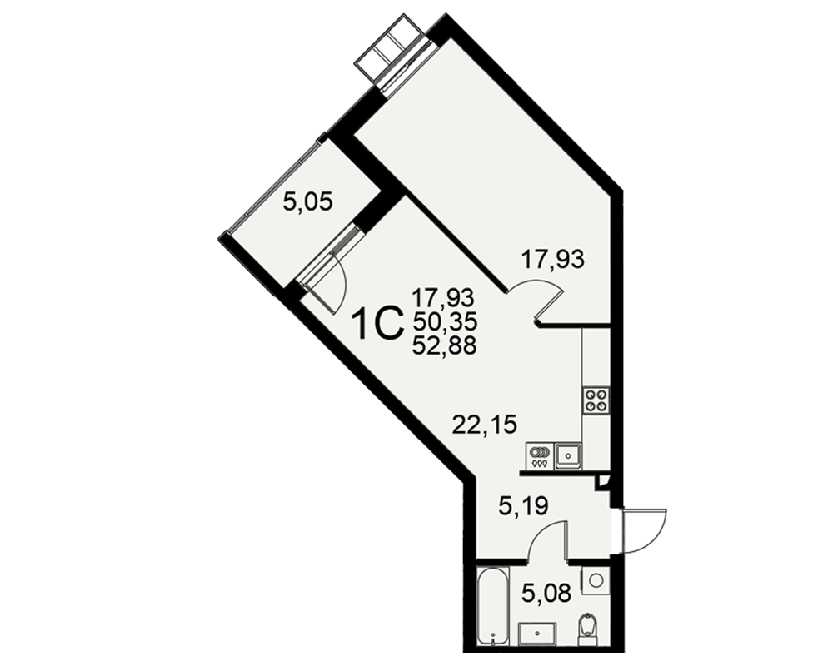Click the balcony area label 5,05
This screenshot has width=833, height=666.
pyautogui.click(x=307, y=202)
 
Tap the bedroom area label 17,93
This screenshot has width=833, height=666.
pyautogui.click(x=552, y=260)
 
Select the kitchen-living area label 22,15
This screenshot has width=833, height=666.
pyautogui.click(x=485, y=425)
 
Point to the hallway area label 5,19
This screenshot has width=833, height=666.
pyautogui.click(x=523, y=506)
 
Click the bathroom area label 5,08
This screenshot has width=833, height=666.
pyautogui.click(x=546, y=593)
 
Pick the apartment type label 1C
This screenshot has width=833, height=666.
pyautogui.click(x=377, y=325)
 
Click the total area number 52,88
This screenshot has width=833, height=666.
pyautogui.click(x=444, y=345)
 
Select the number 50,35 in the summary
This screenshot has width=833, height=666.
pyautogui.click(x=445, y=321)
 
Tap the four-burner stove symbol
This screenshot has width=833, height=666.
pyautogui.click(x=596, y=400)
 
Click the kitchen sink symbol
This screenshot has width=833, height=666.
pyautogui.click(x=568, y=456)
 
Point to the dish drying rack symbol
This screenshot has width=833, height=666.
pyautogui.click(x=541, y=456)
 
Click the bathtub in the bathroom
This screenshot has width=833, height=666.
pyautogui.click(x=493, y=606)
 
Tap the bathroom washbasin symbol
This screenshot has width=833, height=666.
pyautogui.click(x=537, y=634)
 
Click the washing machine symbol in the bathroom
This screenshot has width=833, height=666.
pyautogui.click(x=596, y=580)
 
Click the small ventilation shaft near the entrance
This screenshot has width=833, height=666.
pyautogui.click(x=602, y=481)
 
